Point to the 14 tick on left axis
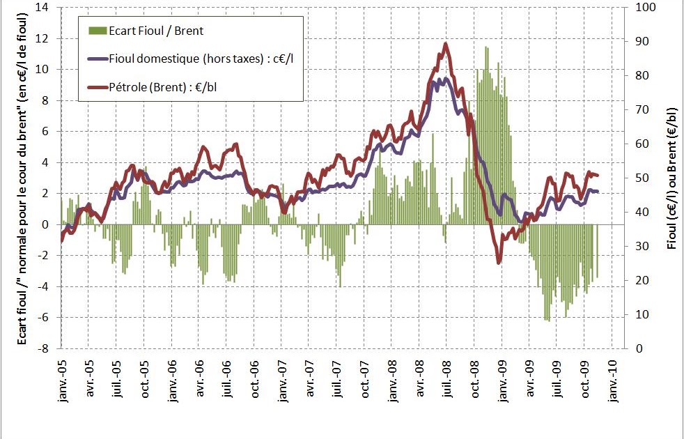click(44, 8)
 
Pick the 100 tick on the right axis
click(639, 8)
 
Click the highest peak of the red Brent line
click(446, 44)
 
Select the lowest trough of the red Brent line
click(499, 263)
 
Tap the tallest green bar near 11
click(486, 47)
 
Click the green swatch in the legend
click(96, 31)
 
